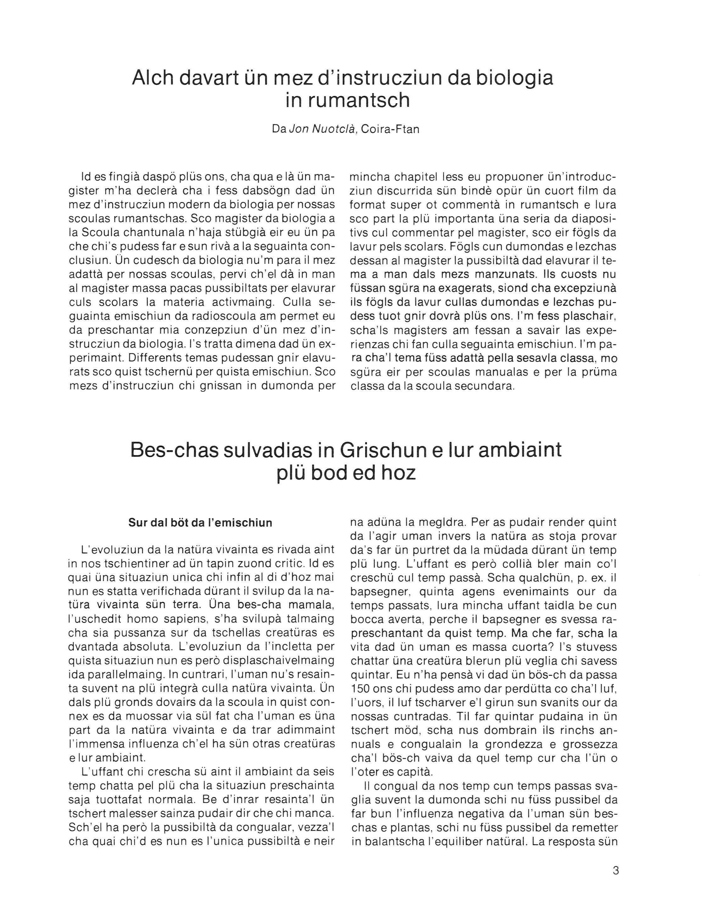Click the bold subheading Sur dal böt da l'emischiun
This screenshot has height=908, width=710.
[x=200, y=522]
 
